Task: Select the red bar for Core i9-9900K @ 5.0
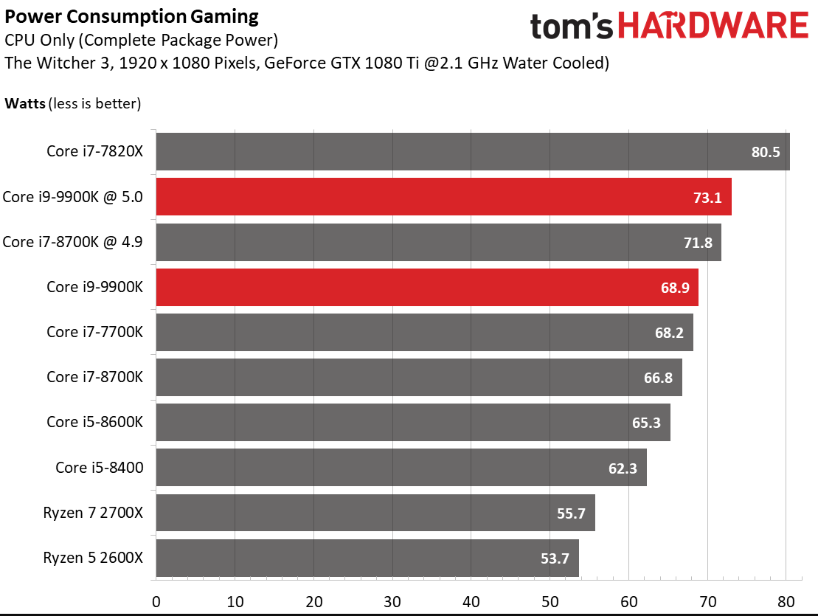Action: (x=443, y=196)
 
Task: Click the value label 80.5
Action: (x=766, y=153)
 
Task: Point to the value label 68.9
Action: (x=675, y=288)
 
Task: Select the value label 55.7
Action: (x=571, y=513)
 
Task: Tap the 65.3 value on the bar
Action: (x=647, y=423)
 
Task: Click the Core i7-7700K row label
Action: (x=94, y=332)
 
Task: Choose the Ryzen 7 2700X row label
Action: (x=93, y=513)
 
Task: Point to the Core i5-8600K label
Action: (x=94, y=423)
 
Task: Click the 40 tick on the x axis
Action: (x=471, y=601)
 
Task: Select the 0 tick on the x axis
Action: (x=156, y=601)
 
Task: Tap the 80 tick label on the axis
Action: (x=786, y=601)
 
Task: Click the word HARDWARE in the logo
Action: (x=713, y=27)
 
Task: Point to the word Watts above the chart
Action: (x=25, y=103)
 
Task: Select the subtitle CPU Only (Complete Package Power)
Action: (x=141, y=39)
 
